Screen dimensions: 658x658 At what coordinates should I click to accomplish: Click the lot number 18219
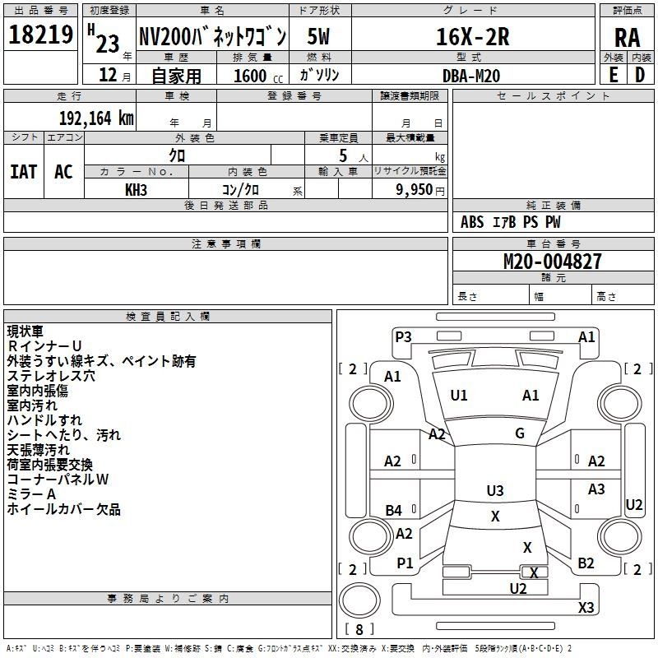tap(40, 35)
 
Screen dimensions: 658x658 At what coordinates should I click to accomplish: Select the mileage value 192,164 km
tap(96, 118)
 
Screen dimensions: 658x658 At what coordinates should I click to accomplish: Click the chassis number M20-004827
tap(552, 262)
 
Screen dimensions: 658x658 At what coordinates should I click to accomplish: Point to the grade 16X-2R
tap(473, 37)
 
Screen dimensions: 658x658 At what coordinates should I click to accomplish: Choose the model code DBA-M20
tap(470, 75)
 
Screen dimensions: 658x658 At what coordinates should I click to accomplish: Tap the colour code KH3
tap(136, 188)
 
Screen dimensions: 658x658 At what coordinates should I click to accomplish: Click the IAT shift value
tap(23, 172)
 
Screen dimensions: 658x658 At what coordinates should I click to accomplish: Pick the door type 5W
tap(319, 37)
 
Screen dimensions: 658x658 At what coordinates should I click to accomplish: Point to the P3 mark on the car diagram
tap(403, 336)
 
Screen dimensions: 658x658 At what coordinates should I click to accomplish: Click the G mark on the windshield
tap(519, 433)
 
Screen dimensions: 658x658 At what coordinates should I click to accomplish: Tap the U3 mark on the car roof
tap(494, 491)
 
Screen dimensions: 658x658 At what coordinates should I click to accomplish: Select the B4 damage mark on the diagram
tap(393, 511)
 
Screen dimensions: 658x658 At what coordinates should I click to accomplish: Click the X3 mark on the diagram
tap(586, 608)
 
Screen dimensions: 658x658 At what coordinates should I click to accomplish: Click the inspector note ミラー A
tap(31, 494)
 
